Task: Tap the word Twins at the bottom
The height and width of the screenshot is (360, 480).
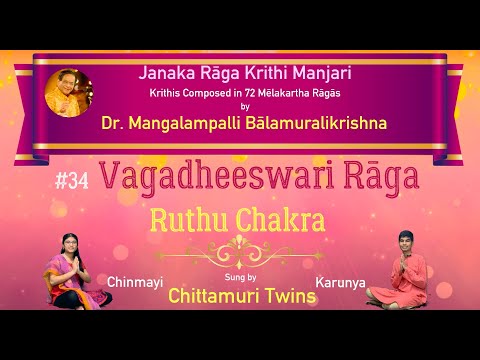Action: tap(290, 294)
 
